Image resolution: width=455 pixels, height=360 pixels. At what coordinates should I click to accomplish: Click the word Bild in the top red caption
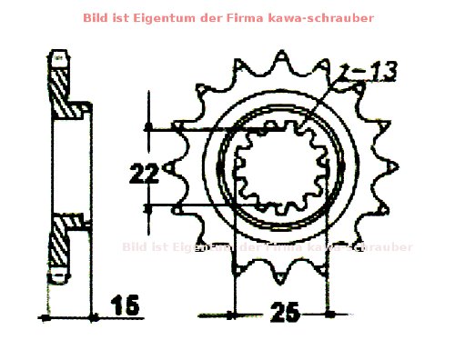click(95, 17)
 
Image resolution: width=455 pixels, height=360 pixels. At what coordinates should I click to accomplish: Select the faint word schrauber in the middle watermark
click(381, 246)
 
